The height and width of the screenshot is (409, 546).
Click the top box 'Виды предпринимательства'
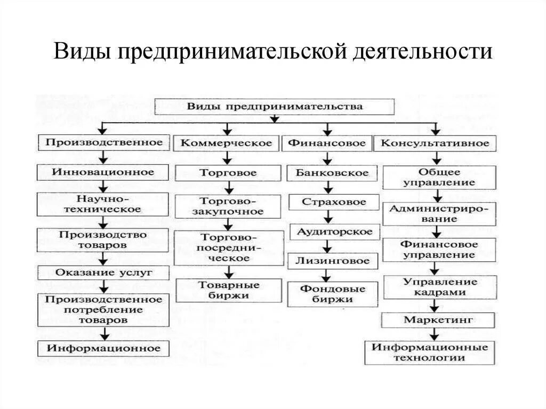(x=275, y=107)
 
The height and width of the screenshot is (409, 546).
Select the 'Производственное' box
(x=104, y=143)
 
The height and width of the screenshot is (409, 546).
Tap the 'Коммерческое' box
(x=226, y=143)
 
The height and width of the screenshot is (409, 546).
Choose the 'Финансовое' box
(x=327, y=143)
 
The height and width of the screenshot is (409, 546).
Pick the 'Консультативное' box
(x=435, y=143)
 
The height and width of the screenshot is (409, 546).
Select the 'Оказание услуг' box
(x=103, y=272)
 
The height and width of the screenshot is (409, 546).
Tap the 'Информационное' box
(x=103, y=349)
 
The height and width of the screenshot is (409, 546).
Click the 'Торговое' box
(x=228, y=173)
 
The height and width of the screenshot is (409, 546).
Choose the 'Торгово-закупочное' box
(x=228, y=206)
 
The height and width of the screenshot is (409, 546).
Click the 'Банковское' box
(x=328, y=173)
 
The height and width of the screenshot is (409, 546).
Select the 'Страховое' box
(x=334, y=203)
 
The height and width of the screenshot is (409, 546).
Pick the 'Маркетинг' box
(x=438, y=320)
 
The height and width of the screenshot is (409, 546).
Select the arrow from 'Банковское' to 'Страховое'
(x=328, y=187)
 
